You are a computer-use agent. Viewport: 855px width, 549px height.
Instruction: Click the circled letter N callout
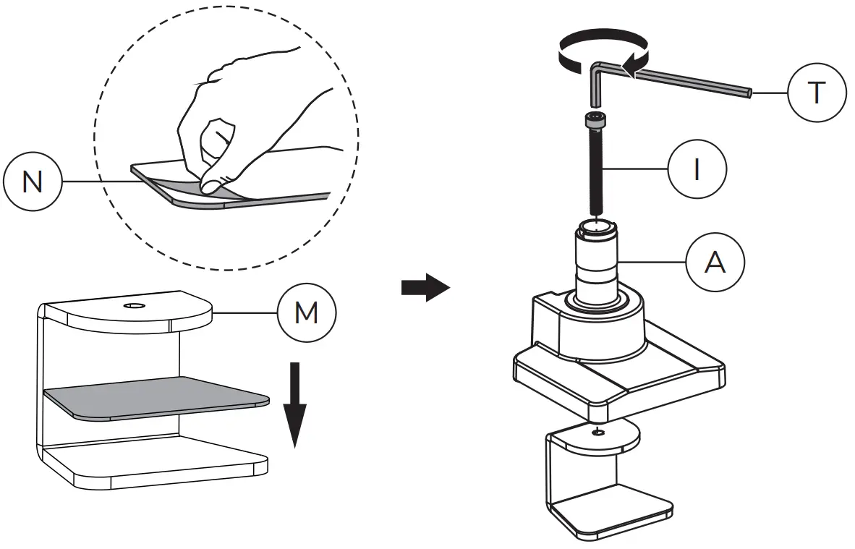coord(33,182)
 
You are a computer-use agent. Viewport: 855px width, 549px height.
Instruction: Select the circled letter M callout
coord(307,312)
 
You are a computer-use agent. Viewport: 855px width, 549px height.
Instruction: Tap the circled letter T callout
coord(816,93)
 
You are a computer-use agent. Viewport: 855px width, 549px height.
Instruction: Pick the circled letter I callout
coord(697,171)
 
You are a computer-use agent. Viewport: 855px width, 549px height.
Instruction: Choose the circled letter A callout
coord(715,263)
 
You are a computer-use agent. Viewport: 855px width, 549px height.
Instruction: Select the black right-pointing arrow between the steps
coord(425,286)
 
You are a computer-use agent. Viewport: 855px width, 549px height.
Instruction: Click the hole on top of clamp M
coord(133,307)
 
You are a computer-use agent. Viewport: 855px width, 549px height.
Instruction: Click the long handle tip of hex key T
coord(749,93)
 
